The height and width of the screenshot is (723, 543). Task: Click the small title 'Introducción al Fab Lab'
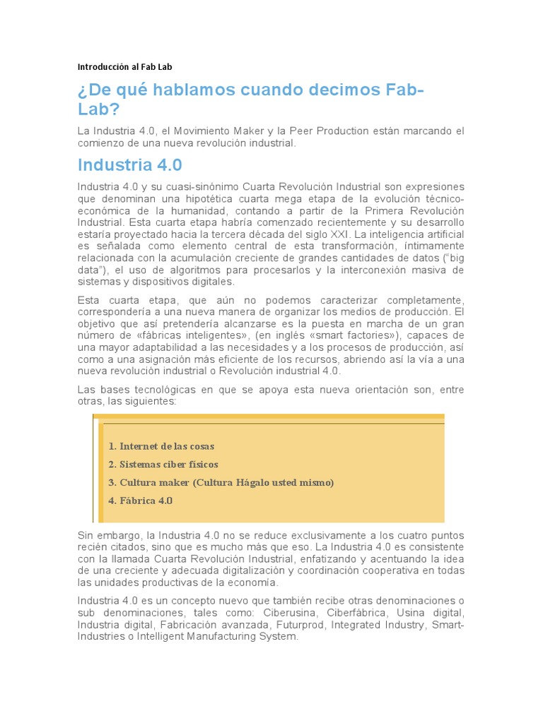124,67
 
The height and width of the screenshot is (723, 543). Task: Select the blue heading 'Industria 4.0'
129,165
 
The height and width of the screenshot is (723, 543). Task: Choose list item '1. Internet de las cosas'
161,446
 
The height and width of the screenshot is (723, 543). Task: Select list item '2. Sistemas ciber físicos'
163,465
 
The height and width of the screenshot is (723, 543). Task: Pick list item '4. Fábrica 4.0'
140,501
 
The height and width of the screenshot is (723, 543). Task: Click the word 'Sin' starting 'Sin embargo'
85,536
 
